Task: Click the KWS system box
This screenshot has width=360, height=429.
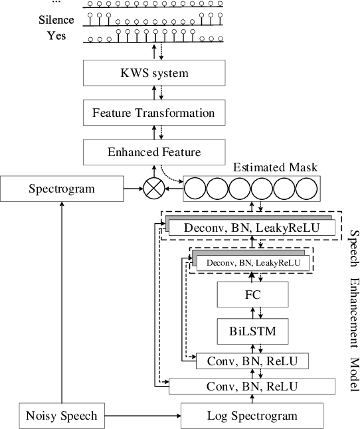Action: coord(153,72)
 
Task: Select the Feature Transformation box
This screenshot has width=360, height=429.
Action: coord(153,112)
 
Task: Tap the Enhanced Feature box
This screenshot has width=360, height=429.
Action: coord(153,153)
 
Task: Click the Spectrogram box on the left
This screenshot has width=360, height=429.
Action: coord(62,189)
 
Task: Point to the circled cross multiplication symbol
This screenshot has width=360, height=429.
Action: coord(154,189)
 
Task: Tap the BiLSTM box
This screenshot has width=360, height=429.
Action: coord(252,329)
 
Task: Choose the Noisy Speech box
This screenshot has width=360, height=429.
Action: coord(62,416)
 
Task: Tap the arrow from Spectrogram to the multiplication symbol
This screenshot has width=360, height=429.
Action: coord(133,189)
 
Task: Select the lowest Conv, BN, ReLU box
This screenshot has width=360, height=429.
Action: coord(252,386)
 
